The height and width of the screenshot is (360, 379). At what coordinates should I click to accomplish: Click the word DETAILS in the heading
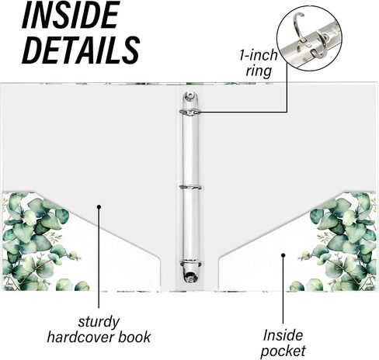81,50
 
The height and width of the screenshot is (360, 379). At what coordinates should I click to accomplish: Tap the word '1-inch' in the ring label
258,55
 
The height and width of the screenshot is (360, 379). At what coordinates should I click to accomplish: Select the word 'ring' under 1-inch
259,71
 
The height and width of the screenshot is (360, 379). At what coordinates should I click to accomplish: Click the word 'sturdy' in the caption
99,322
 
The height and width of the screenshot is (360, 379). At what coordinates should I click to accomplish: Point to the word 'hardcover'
81,337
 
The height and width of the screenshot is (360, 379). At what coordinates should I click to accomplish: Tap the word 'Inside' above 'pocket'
283,335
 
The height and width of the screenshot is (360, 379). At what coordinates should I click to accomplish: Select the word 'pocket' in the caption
283,351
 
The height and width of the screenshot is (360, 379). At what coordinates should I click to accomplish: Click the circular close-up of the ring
309,39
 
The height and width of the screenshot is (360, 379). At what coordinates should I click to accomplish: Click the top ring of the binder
190,112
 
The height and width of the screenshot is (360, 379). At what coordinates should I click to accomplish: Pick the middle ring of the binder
190,187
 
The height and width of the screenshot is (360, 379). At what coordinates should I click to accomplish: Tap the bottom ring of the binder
190,264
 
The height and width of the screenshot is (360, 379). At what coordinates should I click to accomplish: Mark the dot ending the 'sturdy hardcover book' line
99,206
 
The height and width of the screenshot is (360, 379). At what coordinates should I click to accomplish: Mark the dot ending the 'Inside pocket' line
283,255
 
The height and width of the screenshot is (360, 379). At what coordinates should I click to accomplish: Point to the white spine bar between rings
190,150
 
